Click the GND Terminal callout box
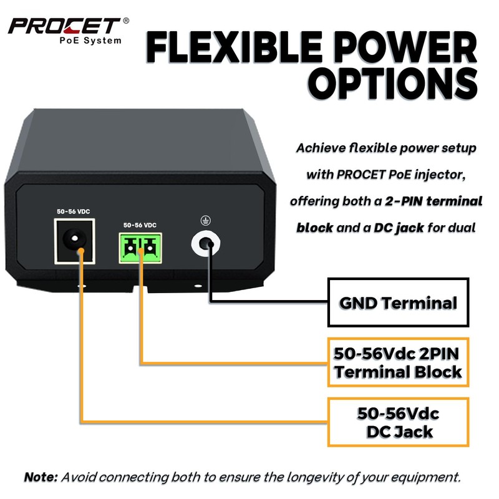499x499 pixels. [x=399, y=303]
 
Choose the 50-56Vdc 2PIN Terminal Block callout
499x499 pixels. [x=398, y=363]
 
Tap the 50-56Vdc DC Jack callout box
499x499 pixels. [x=398, y=422]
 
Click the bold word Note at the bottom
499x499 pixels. [x=41, y=477]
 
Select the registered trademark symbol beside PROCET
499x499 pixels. [x=127, y=21]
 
